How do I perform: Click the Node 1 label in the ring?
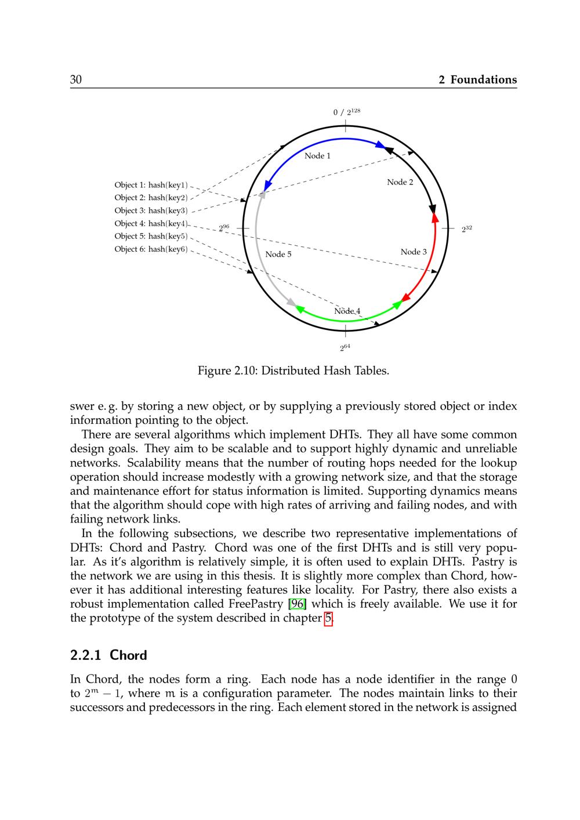click(317, 155)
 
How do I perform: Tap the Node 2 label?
click(400, 182)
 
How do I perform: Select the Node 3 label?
click(414, 252)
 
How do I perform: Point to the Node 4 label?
click(347, 311)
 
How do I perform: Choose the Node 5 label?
click(278, 254)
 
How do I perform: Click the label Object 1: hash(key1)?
click(151, 185)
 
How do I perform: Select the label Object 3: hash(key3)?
click(151, 211)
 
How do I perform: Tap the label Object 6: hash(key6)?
click(151, 249)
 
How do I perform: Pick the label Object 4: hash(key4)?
click(151, 223)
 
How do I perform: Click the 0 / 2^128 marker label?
click(346, 112)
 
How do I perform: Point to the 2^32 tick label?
click(467, 229)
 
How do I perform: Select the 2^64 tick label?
click(345, 348)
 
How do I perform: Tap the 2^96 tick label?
click(224, 228)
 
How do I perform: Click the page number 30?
click(76, 80)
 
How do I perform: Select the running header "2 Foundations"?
click(477, 80)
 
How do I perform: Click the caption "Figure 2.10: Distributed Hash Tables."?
click(293, 371)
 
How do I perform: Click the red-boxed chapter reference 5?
click(328, 618)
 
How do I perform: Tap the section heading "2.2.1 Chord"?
click(108, 655)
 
